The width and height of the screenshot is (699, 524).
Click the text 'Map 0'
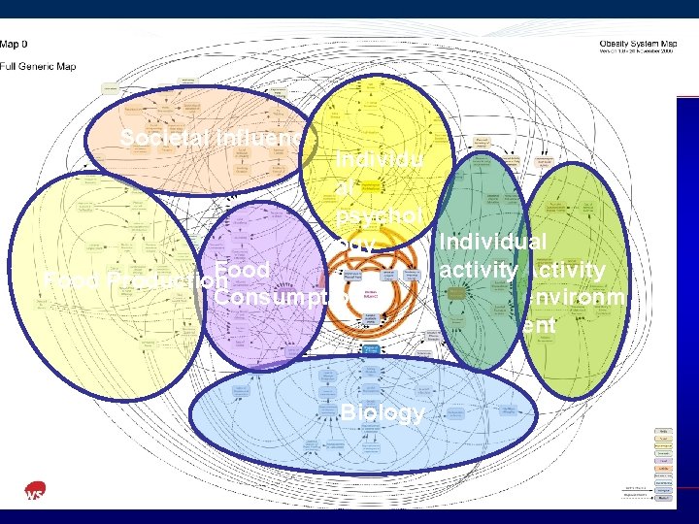(15, 44)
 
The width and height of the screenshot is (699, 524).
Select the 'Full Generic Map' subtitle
(38, 66)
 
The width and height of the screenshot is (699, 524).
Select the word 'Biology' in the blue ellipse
(383, 412)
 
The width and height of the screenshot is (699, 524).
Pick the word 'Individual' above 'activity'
(493, 242)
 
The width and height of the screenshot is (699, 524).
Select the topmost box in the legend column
(664, 430)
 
